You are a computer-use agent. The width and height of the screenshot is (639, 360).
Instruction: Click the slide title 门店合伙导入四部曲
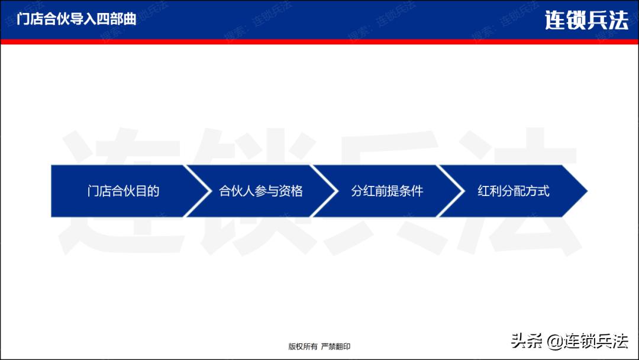pos(77,19)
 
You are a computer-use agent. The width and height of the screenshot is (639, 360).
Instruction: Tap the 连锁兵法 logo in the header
pos(586,21)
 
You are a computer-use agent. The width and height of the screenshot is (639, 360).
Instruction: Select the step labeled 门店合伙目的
pos(124,191)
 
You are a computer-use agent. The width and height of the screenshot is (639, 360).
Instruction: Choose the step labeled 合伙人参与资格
pos(261,191)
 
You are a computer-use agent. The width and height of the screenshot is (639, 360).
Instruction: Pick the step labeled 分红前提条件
pos(387,191)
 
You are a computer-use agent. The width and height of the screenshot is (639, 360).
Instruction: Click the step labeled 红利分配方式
pos(514,191)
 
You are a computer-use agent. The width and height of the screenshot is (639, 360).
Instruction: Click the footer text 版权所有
pos(303,346)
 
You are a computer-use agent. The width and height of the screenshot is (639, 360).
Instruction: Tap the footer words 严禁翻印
pos(336,346)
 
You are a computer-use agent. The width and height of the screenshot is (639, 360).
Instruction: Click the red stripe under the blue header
pos(319,41)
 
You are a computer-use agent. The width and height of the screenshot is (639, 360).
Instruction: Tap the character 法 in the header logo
pos(617,21)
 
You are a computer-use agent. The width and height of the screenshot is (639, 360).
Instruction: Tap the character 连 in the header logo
pos(555,21)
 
